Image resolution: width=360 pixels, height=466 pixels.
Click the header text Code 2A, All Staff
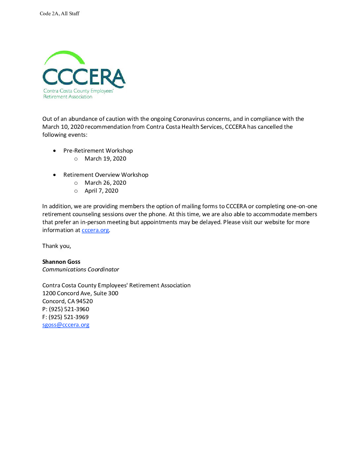(60, 14)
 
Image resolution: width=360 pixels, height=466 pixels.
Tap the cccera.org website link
(95, 230)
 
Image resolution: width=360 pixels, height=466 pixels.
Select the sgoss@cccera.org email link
(66, 325)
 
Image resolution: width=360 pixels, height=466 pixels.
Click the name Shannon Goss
(61, 262)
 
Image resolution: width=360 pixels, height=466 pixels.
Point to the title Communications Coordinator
(80, 269)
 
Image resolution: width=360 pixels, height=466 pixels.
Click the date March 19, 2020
(105, 159)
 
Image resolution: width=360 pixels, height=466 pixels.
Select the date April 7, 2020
(101, 191)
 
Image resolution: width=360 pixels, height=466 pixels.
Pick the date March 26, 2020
(105, 183)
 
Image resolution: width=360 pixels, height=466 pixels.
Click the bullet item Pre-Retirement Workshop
(98, 151)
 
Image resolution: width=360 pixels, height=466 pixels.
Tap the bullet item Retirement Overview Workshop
(106, 175)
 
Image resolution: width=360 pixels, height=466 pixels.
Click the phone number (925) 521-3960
(69, 309)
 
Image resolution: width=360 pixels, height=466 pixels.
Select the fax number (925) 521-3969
(68, 317)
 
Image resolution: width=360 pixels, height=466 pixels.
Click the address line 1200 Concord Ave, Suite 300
(80, 293)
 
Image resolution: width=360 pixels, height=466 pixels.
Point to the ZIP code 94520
(84, 301)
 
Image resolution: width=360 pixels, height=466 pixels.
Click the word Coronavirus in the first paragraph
(189, 119)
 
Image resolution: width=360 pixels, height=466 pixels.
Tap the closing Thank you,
(57, 246)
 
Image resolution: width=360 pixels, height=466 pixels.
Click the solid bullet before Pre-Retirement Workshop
(55, 151)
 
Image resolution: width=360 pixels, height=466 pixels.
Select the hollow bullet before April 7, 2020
(76, 191)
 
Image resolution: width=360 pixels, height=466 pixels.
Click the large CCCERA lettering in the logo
(84, 77)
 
